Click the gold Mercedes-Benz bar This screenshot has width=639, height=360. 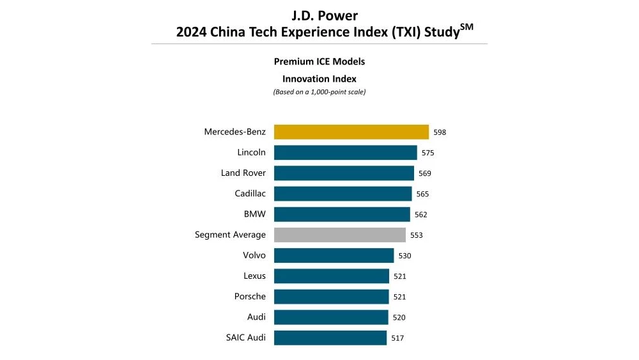[351, 132]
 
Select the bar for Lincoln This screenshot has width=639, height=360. [345, 153]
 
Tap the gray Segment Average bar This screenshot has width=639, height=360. [339, 235]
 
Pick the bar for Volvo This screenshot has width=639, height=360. [334, 256]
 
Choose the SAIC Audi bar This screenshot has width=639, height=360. [330, 338]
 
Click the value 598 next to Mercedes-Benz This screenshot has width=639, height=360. [440, 132]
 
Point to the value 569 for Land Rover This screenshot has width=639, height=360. [425, 173]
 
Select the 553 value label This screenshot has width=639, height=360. [417, 235]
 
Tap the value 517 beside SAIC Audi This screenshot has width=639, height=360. [397, 338]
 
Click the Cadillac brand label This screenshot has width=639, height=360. [250, 193]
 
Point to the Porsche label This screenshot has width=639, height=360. [250, 297]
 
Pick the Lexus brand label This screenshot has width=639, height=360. [254, 276]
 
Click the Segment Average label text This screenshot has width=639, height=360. [230, 235]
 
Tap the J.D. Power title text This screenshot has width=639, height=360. [319, 15]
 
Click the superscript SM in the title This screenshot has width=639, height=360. [466, 26]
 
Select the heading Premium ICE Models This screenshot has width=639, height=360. [319, 62]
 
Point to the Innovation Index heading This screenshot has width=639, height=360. [319, 79]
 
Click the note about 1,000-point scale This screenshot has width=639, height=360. [319, 92]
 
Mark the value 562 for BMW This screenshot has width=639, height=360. [420, 215]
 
